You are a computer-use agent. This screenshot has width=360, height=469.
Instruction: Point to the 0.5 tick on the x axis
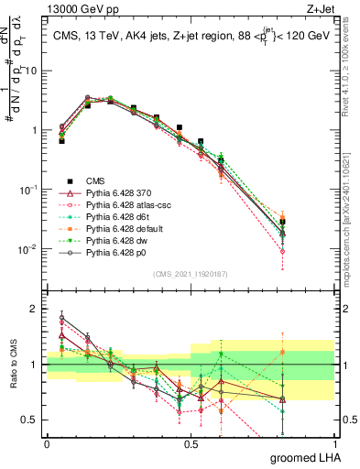pos(191,443)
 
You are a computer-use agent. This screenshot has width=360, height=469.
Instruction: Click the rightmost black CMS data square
pos(283,222)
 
